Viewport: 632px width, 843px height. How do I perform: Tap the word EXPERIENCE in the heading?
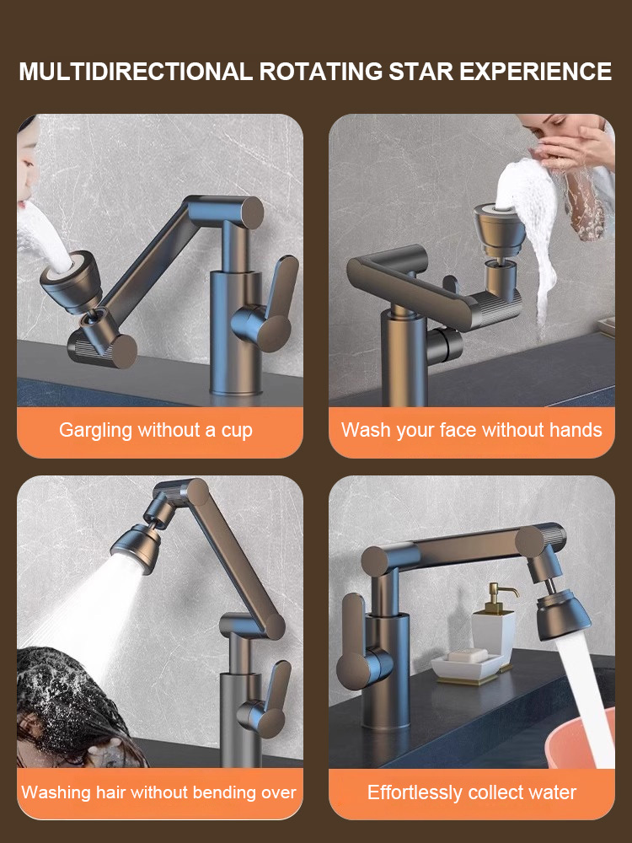tap(535, 72)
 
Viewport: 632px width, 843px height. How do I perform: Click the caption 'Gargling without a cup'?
tap(156, 430)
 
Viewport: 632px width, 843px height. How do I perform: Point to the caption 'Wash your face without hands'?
tap(472, 430)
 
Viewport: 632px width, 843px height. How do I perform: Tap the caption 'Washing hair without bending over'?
tap(158, 792)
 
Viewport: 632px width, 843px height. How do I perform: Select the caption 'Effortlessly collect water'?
tap(472, 792)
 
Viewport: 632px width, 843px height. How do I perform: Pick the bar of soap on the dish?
tap(467, 656)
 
